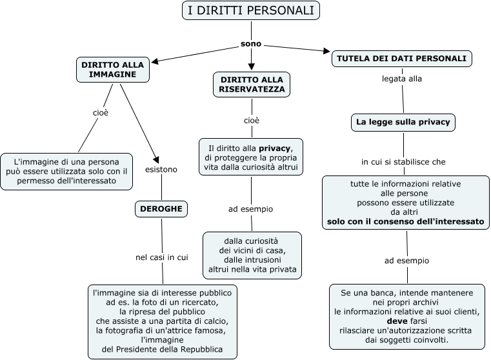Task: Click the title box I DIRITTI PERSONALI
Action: click(x=250, y=10)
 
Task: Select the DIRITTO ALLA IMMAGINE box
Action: click(x=113, y=69)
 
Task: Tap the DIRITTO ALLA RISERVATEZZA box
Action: click(x=252, y=85)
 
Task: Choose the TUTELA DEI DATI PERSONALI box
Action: click(x=402, y=58)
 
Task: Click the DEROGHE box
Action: click(x=161, y=208)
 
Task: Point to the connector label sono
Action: click(x=251, y=44)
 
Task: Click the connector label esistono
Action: click(x=161, y=169)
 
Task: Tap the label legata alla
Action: click(x=403, y=79)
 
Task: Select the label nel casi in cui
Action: click(x=162, y=257)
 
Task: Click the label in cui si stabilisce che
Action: click(x=403, y=161)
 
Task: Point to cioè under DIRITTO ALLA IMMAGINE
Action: click(x=100, y=112)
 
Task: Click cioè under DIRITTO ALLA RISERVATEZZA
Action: click(x=252, y=121)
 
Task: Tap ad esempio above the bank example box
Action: click(x=406, y=261)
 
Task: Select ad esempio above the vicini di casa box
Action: click(x=251, y=209)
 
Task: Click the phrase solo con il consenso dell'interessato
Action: click(x=405, y=221)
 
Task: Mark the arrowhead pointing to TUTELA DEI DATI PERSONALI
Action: click(x=326, y=52)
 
